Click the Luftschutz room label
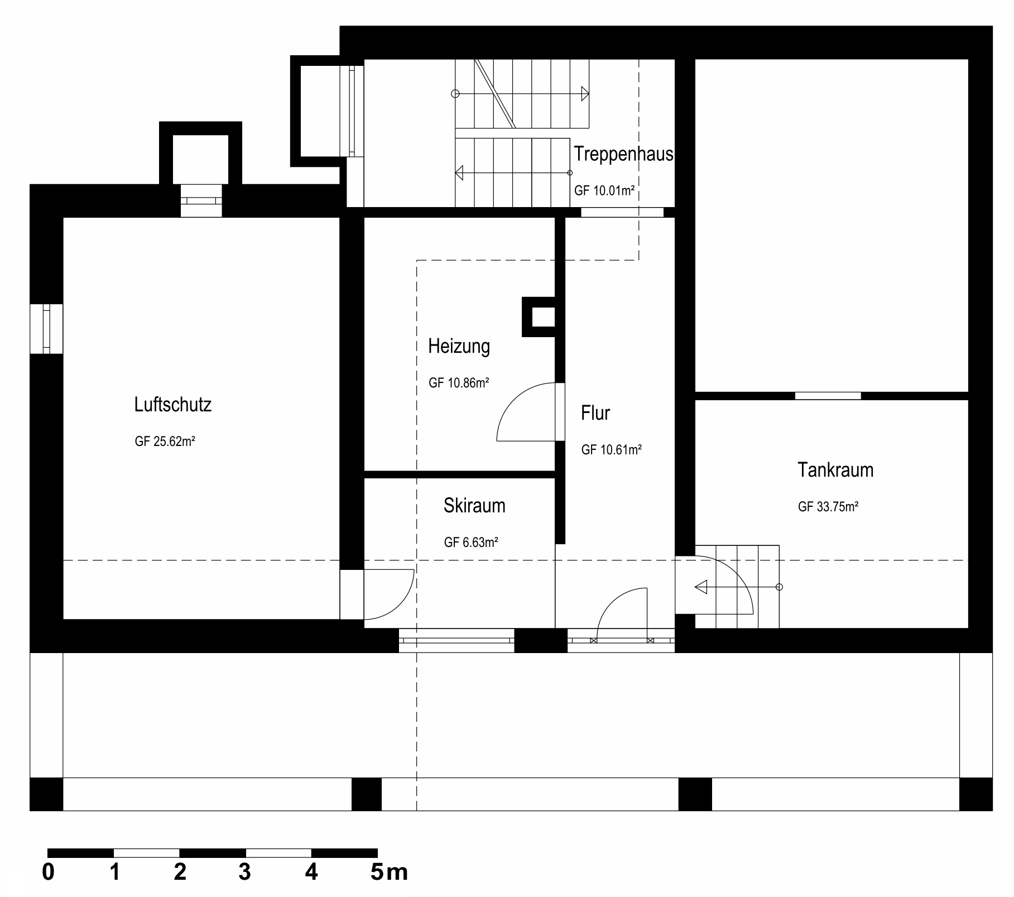(x=172, y=405)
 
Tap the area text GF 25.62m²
(x=165, y=442)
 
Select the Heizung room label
(x=459, y=347)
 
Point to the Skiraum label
(x=474, y=506)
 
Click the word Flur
(x=595, y=413)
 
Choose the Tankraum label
(x=835, y=470)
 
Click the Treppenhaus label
(x=623, y=154)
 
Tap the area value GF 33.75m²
(x=828, y=507)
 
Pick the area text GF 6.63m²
(x=470, y=542)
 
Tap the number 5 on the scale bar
(x=377, y=872)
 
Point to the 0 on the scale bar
(x=49, y=872)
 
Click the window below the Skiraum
(x=456, y=640)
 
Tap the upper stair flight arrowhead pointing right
(x=584, y=94)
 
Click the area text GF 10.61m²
(x=611, y=450)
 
